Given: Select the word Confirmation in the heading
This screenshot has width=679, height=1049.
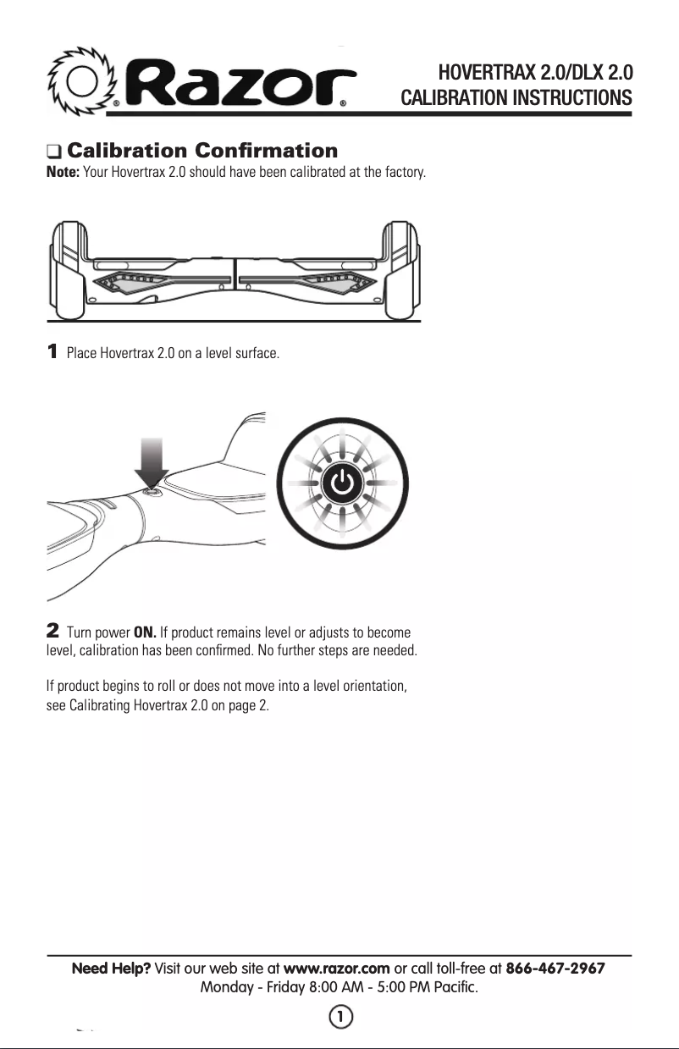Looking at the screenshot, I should tap(266, 152).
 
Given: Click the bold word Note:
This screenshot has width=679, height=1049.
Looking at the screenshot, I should tap(63, 173).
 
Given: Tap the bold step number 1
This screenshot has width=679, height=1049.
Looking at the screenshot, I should tap(52, 351).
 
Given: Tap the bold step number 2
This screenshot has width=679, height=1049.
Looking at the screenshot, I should tap(52, 632).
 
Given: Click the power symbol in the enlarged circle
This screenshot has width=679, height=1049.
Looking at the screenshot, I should tap(340, 483).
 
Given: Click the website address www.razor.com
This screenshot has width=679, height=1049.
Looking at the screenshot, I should tap(336, 969).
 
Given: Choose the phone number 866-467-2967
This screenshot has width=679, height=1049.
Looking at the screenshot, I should tap(555, 969).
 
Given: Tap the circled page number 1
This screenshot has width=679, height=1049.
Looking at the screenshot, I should tap(339, 1016).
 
